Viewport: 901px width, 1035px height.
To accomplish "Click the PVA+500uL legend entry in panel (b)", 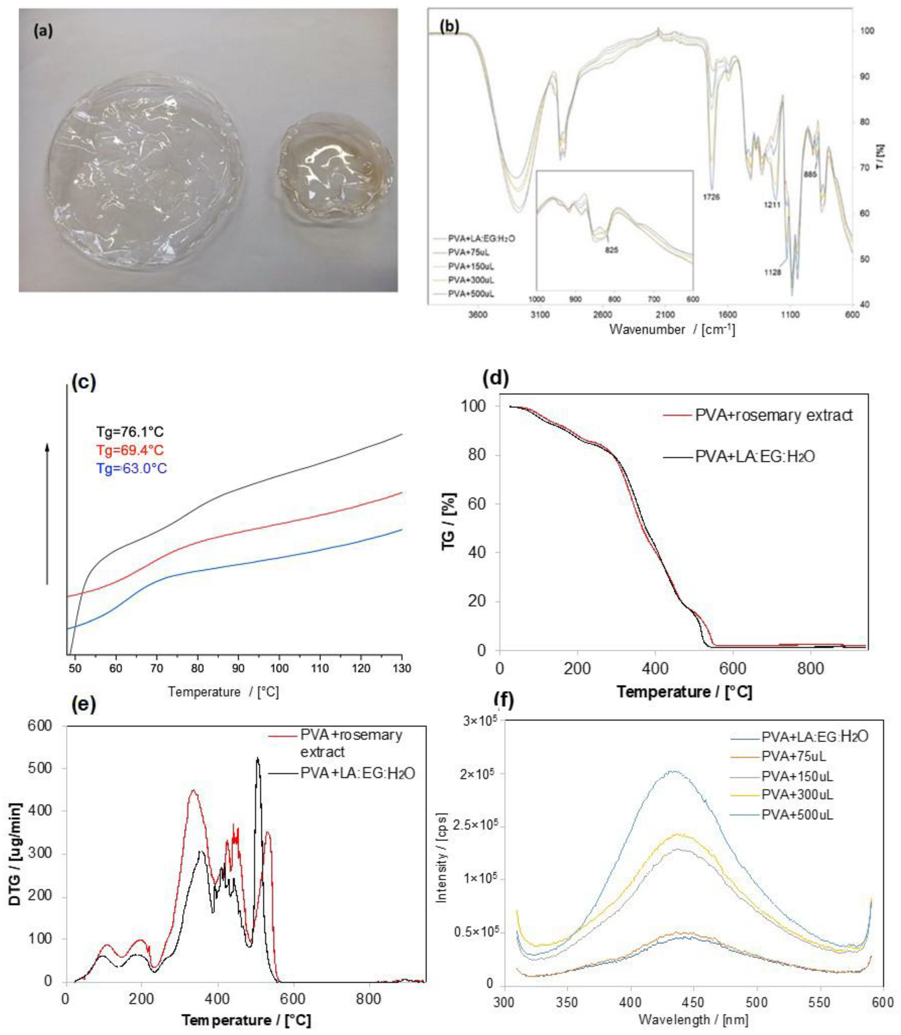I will click(x=471, y=294).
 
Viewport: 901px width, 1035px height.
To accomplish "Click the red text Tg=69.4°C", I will click(x=130, y=450).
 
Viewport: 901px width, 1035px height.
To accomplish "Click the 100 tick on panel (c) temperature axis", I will click(x=279, y=668).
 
